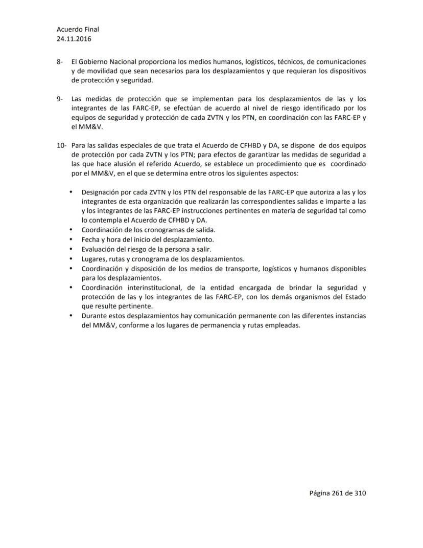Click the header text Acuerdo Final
coord(78,30)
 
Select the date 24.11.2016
coord(74,38)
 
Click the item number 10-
coord(61,146)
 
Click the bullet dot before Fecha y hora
coord(70,239)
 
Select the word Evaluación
coord(98,249)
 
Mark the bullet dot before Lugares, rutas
coord(70,258)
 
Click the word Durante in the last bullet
coord(94,316)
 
